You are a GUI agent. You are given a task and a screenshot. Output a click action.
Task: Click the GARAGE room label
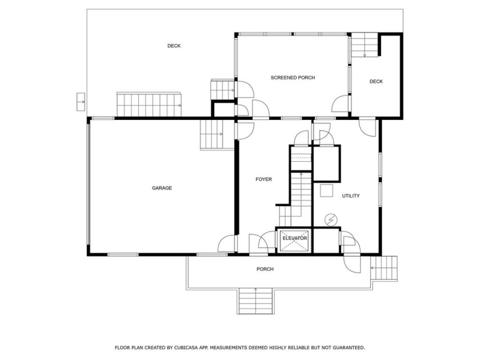coord(162,188)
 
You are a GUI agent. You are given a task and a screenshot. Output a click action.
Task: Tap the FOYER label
coord(263,179)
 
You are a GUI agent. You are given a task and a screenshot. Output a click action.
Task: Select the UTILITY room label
coord(351,196)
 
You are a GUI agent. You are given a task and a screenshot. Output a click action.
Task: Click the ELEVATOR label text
coord(295,238)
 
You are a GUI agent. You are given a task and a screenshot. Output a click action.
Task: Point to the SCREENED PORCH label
coord(293,78)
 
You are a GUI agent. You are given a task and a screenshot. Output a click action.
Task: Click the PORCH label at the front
coord(265,269)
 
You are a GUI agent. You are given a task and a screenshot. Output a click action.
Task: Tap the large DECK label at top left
coord(174,46)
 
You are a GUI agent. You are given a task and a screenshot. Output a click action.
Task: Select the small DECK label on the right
coord(376,82)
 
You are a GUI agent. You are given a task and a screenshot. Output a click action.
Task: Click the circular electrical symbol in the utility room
coord(331,219)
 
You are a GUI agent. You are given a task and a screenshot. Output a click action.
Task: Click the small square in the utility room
coord(326,191)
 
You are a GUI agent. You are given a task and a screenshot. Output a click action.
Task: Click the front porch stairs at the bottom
coord(255,301)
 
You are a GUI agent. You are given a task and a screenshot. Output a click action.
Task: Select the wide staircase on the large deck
coord(149,104)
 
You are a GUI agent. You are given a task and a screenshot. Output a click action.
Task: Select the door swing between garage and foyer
coord(227,243)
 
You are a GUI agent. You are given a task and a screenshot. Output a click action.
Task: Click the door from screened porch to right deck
coord(342,104)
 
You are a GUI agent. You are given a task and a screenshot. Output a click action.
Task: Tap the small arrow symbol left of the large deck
coord(81,102)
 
